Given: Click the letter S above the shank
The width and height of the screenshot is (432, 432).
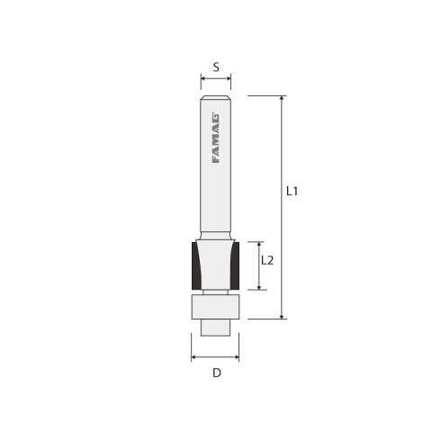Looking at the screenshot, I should (216, 67).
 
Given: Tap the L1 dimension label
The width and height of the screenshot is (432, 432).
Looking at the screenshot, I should (292, 191).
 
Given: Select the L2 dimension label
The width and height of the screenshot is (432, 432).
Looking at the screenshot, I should (267, 260).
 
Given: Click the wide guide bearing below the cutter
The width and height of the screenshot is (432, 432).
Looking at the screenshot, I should (216, 306).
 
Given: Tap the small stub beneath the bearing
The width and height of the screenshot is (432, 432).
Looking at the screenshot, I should (216, 326).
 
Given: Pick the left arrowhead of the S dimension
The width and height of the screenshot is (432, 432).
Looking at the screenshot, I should (203, 79).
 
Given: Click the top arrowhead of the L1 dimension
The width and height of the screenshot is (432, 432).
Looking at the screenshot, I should (283, 98).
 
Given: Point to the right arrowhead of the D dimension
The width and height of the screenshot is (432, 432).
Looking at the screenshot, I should (238, 356).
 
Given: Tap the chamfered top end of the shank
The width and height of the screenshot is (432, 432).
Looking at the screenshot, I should (216, 97).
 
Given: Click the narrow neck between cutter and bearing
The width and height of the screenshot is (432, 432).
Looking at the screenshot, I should (216, 290).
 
